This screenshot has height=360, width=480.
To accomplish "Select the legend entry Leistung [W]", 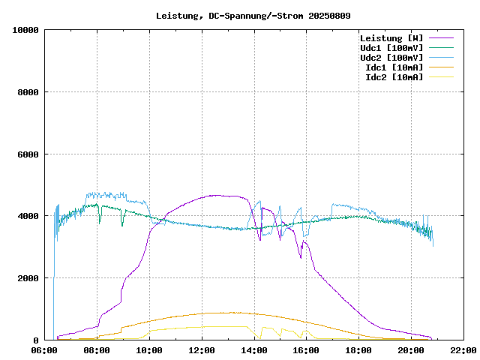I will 391,38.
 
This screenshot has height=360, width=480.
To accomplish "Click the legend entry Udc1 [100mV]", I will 391,48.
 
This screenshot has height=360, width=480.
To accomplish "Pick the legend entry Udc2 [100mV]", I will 391,58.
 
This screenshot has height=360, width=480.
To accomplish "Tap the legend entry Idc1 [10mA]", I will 394,67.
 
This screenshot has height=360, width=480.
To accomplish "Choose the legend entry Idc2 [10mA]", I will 394,77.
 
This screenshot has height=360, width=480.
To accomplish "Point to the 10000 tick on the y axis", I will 25,30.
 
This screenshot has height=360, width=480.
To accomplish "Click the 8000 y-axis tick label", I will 28,92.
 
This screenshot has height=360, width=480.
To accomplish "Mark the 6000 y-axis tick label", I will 28,154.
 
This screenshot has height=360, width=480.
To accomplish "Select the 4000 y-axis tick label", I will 28,216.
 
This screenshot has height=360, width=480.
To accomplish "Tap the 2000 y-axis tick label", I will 28,278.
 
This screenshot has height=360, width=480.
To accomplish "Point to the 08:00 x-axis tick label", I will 97,350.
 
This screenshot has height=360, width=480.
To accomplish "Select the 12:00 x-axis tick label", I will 202,350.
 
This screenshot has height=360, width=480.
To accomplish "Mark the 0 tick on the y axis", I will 37,340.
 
